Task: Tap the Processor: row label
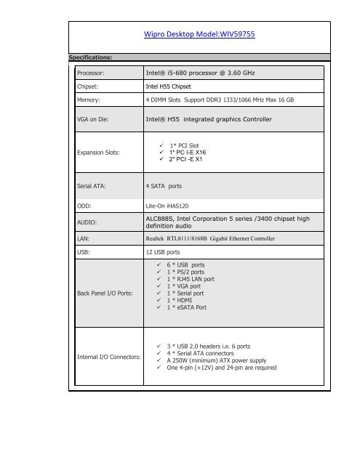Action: pos(94,73)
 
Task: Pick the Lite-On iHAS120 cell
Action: pos(172,206)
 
